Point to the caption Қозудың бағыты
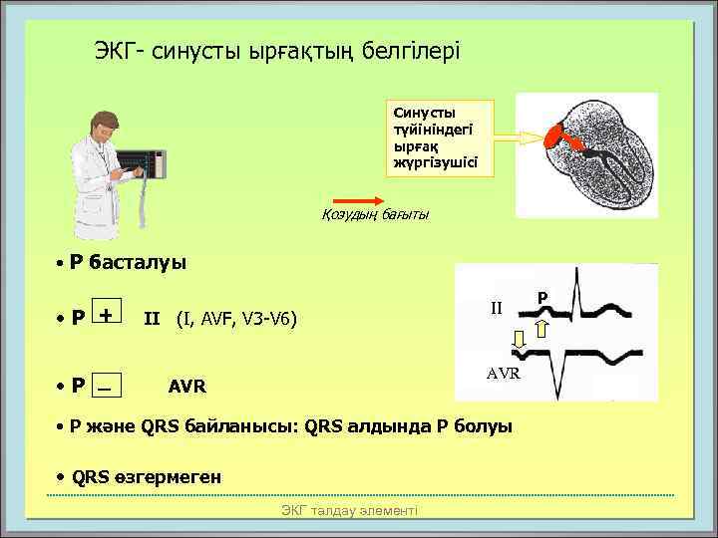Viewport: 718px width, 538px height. pos(375,216)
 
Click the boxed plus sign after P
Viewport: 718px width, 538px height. pos(105,316)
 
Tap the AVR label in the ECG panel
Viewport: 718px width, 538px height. pos(503,373)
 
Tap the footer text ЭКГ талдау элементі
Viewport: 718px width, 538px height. pos(349,510)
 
